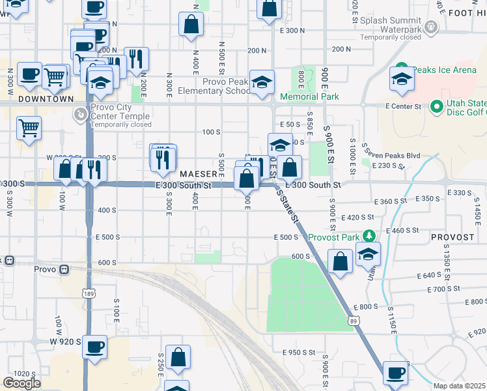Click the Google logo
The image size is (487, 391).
coord(21,383)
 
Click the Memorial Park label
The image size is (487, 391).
coord(309,97)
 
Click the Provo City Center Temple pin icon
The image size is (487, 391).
coord(79,115)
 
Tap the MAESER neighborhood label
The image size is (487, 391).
coord(198,175)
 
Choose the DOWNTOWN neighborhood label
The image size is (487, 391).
coord(46,99)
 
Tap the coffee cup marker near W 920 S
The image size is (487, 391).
coord(95,347)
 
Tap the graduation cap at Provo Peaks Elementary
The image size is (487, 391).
coord(262,82)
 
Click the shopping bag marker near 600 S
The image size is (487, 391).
coord(341,261)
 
